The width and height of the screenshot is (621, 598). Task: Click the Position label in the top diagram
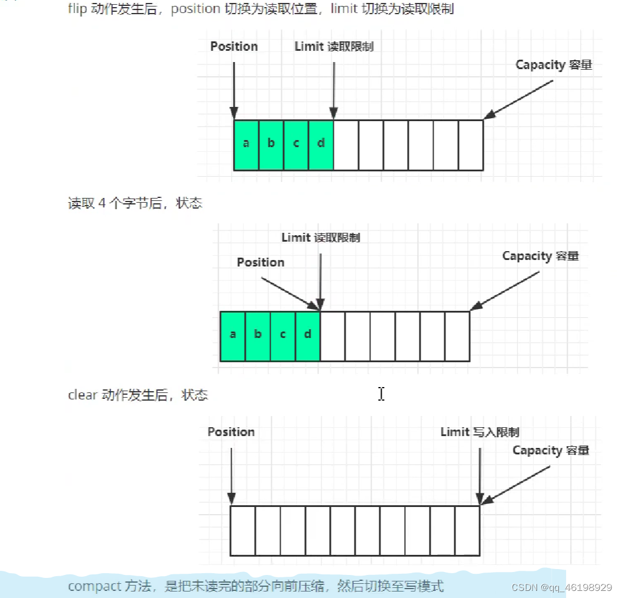[x=234, y=47]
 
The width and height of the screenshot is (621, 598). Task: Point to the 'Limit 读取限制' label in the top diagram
[x=334, y=47]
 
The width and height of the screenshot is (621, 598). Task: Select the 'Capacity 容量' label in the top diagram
[x=554, y=65]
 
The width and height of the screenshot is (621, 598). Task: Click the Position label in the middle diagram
[x=261, y=262]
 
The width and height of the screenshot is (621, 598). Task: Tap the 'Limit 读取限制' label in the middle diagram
[x=320, y=238]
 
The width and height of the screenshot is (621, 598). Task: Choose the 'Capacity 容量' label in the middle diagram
[x=540, y=256]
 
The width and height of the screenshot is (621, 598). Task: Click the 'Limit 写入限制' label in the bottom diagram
[x=480, y=433]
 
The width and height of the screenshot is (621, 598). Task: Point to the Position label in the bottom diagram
[x=231, y=432]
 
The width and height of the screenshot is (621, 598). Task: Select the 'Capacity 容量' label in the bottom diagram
[x=551, y=450]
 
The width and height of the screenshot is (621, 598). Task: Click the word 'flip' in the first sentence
[x=77, y=10]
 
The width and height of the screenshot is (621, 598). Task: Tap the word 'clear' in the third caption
[x=82, y=395]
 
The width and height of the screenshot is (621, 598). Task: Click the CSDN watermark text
[x=561, y=587]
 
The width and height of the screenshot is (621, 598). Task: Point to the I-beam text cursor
[x=381, y=394]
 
